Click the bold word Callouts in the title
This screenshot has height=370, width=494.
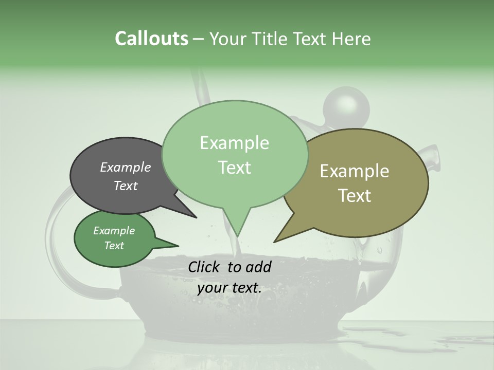151,39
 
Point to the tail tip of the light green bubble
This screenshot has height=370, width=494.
238,236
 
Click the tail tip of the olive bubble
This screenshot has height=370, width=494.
275,242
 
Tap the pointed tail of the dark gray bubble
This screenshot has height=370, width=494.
196,217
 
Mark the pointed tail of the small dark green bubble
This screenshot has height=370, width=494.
177,246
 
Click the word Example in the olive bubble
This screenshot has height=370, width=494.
354,171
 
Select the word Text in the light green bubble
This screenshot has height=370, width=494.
235,168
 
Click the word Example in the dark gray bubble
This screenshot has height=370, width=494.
126,167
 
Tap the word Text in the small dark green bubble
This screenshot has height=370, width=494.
114,246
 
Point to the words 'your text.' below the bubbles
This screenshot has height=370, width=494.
230,288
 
